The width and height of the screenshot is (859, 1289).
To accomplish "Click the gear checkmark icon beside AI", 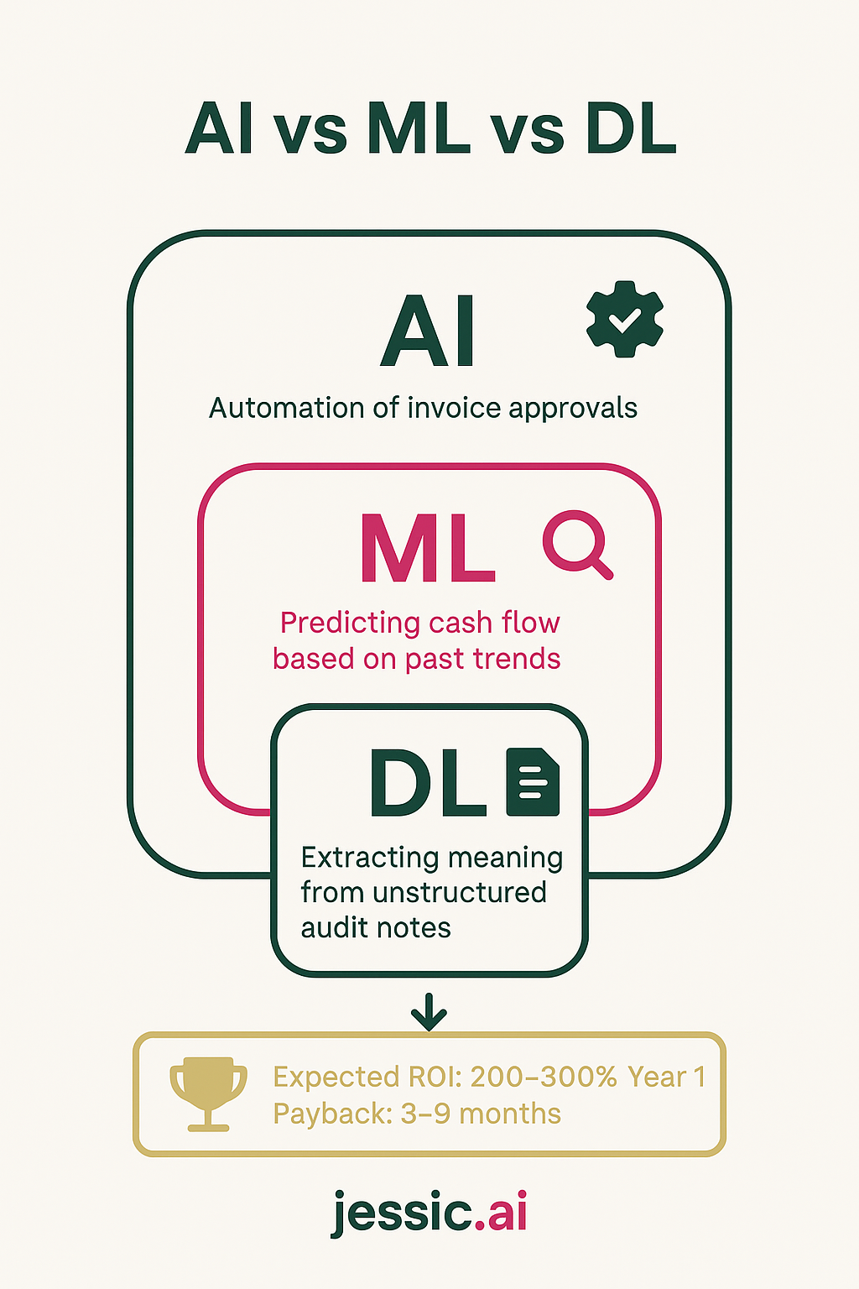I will (x=624, y=320).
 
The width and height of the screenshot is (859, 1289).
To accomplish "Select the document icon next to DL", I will (x=533, y=782).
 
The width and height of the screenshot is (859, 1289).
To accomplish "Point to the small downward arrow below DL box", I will (x=429, y=1011).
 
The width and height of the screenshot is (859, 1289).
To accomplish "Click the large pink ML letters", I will (x=428, y=549).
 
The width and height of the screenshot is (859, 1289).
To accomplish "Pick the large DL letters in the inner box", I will (x=428, y=784).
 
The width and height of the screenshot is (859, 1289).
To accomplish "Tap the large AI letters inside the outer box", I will (x=428, y=332).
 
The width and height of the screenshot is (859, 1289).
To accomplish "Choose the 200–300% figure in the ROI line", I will (x=544, y=1077).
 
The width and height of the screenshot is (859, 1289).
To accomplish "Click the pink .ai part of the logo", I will (x=501, y=1213).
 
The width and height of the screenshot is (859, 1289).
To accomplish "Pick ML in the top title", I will (x=418, y=129).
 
